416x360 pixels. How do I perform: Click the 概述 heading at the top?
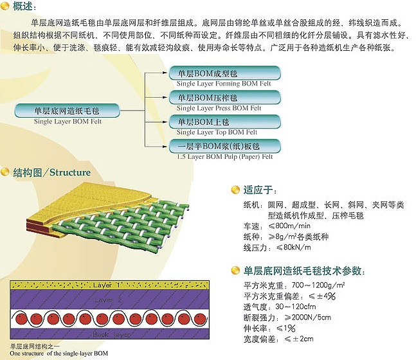(x=21, y=7)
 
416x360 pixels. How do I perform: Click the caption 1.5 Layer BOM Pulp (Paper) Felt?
(x=225, y=156)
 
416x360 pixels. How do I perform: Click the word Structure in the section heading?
(x=70, y=172)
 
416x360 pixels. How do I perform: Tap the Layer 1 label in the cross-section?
(x=107, y=284)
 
